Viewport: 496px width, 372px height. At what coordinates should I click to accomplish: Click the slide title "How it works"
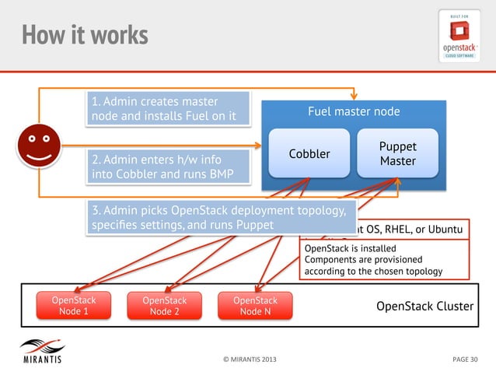point(85,35)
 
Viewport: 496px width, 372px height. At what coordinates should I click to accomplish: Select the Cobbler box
point(309,153)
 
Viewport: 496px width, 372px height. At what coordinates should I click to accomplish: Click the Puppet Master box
point(398,153)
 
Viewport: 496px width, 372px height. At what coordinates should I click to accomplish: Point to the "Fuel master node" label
point(354,112)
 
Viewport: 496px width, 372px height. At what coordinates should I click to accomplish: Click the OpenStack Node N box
point(255,306)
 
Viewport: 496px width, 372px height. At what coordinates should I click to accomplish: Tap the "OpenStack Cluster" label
point(424,306)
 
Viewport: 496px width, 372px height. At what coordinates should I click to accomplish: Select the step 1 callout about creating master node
point(169,109)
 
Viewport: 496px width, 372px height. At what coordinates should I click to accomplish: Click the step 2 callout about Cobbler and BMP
point(169,167)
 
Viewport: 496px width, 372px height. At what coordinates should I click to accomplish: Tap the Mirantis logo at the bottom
point(42,352)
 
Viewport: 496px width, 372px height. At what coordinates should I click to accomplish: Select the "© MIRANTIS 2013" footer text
point(248,360)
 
